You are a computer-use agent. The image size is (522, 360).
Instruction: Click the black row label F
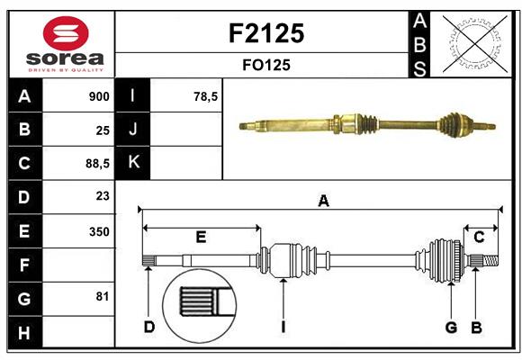[x=23, y=265]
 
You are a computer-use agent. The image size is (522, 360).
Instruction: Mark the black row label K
[x=133, y=162]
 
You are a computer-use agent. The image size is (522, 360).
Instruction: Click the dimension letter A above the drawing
[x=323, y=202]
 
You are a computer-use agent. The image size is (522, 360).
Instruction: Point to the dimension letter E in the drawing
[x=201, y=238]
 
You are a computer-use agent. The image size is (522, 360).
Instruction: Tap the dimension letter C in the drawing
[x=479, y=237]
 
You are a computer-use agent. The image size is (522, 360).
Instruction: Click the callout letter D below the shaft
[x=149, y=327]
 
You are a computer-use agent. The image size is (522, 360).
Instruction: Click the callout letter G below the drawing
[x=452, y=327]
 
